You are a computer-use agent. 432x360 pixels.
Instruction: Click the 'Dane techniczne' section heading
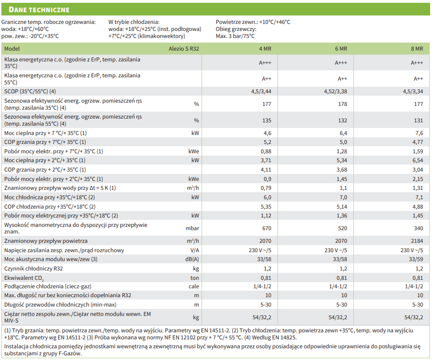39,9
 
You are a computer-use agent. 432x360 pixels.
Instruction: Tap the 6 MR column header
341,49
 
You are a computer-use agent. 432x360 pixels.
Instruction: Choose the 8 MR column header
417,49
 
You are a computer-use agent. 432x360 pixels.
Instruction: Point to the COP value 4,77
417,142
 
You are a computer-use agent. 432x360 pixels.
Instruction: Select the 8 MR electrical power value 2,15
417,179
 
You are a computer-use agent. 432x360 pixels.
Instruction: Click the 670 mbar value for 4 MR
267,228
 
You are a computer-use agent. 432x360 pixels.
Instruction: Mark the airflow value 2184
417,241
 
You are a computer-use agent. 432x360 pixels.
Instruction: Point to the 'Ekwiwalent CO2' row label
23,277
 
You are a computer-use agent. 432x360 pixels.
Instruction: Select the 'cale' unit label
194,286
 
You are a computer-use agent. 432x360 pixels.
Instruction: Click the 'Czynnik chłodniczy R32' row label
34,269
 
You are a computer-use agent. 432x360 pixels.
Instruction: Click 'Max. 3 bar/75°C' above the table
235,36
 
